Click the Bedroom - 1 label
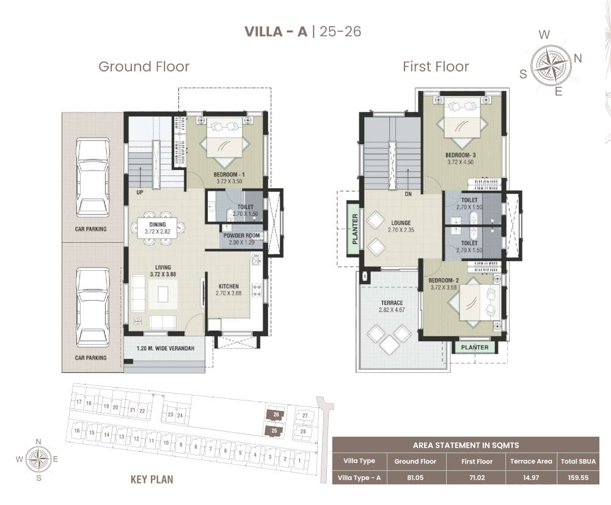point(229,174)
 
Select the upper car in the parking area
point(92,177)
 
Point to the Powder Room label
point(241,235)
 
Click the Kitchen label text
point(229,286)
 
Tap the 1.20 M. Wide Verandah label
point(165,348)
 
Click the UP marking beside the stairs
point(139,192)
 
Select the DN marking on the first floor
point(408,194)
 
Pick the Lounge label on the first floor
point(401,223)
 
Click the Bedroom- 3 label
point(460,155)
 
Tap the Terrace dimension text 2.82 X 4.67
point(392,310)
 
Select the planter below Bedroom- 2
point(474,347)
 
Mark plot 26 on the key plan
point(276,415)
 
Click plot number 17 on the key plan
point(79,402)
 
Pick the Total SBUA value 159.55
point(578,477)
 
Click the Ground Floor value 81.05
point(415,477)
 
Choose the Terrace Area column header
point(531,462)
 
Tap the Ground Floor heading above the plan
point(144,66)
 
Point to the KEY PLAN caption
point(152,479)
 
